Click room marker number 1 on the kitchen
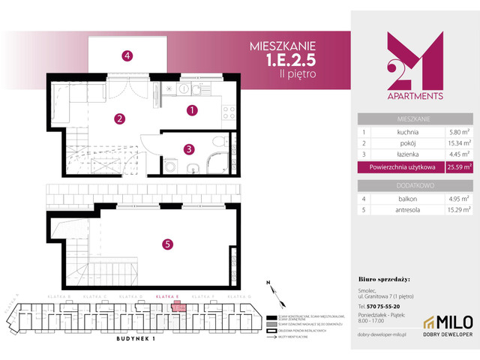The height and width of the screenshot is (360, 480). pos(192,110)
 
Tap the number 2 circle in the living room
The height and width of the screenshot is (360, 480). pos(119,118)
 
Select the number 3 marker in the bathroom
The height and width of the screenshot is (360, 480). pos(190,148)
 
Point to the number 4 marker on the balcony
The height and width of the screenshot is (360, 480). pos(128,55)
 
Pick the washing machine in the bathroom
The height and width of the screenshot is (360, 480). pos(171,168)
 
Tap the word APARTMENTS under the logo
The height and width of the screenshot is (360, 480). pos(414,96)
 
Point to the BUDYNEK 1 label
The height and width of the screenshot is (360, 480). pos(115,338)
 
